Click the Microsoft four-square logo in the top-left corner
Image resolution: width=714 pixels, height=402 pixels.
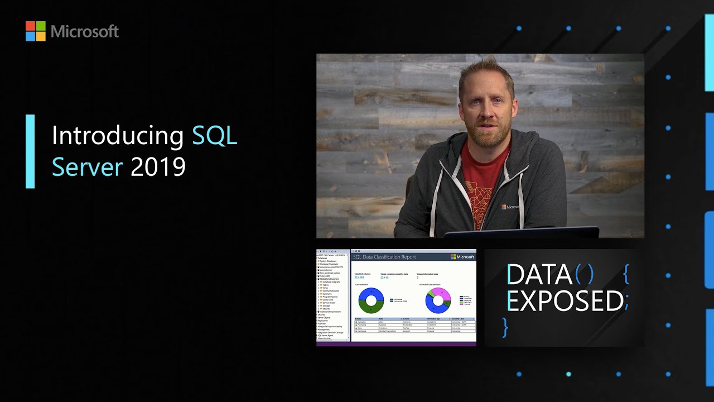35,31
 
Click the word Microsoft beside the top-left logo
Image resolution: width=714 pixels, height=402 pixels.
85,32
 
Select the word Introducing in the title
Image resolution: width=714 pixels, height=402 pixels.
118,136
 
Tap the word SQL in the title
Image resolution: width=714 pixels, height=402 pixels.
215,136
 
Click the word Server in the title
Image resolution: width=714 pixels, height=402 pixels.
87,167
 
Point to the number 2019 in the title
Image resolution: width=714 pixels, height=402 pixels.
158,167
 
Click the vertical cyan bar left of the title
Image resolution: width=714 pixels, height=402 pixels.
30,151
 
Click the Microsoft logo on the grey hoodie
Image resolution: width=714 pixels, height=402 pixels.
509,207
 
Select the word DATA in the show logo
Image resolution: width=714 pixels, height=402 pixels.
539,275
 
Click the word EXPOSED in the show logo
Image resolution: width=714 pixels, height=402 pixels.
565,301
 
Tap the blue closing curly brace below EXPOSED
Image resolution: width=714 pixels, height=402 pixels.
505,327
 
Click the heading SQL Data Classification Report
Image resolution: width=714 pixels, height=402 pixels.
384,257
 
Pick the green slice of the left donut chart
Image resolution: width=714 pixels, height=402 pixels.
371,308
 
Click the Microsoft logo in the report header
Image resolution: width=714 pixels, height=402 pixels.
462,257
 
